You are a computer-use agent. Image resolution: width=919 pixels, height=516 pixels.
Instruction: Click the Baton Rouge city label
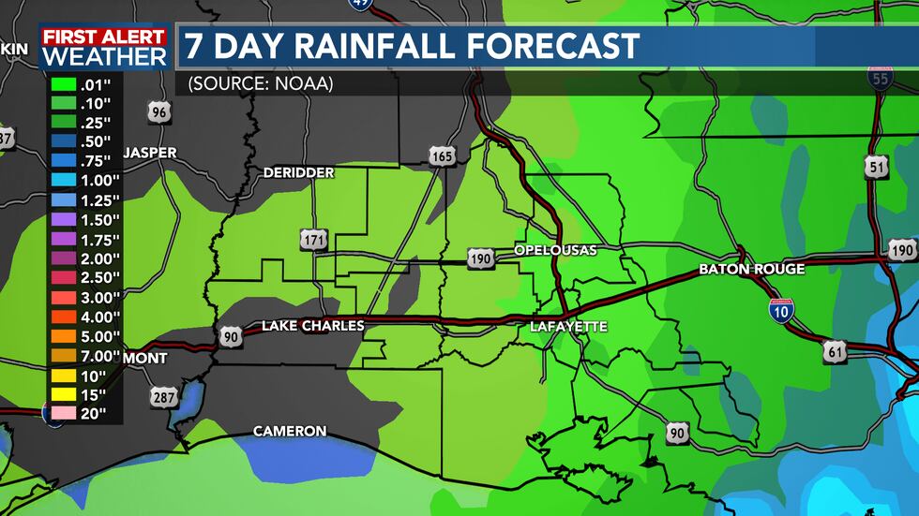point(751,270)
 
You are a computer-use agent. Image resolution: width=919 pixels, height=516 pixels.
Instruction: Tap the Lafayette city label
point(568,327)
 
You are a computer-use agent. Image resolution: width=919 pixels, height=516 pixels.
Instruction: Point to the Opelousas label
point(555,250)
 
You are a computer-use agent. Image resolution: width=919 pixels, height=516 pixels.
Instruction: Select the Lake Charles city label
point(312,326)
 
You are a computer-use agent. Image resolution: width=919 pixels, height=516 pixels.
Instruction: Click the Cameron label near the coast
point(290,432)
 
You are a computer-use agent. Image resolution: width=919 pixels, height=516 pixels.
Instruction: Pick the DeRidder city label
point(298,173)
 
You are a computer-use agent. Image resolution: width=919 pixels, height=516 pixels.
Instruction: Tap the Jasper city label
point(149,153)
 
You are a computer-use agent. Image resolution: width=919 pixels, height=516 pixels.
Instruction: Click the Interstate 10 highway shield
point(780,311)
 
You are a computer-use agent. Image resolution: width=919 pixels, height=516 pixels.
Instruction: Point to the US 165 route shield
point(443,155)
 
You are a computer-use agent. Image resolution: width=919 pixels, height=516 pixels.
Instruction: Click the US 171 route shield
point(314,240)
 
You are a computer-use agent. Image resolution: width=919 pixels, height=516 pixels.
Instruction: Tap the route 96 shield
point(160,113)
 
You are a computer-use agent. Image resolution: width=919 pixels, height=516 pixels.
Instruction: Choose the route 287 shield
point(162,398)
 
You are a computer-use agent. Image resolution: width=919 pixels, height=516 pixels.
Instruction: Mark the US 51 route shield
point(877,168)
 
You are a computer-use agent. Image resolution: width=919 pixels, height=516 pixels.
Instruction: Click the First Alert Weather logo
point(103,47)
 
